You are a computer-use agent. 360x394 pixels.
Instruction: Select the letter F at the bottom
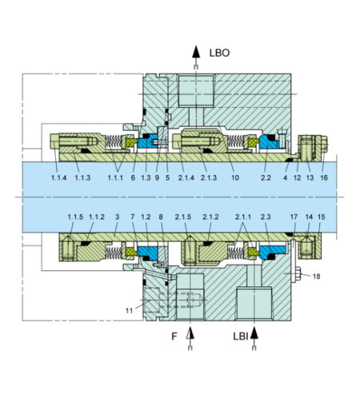pyautogui.click(x=174, y=337)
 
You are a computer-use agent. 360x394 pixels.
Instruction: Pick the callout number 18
pyautogui.click(x=317, y=276)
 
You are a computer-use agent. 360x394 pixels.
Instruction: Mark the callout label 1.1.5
pyautogui.click(x=76, y=217)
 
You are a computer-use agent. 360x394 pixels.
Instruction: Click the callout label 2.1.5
pyautogui.click(x=183, y=217)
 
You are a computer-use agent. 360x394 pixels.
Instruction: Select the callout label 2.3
pyautogui.click(x=266, y=217)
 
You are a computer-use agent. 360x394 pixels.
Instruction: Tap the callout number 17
pyautogui.click(x=294, y=217)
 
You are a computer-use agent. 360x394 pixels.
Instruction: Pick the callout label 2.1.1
pyautogui.click(x=242, y=217)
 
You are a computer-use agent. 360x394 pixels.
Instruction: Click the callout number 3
pyautogui.click(x=117, y=217)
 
